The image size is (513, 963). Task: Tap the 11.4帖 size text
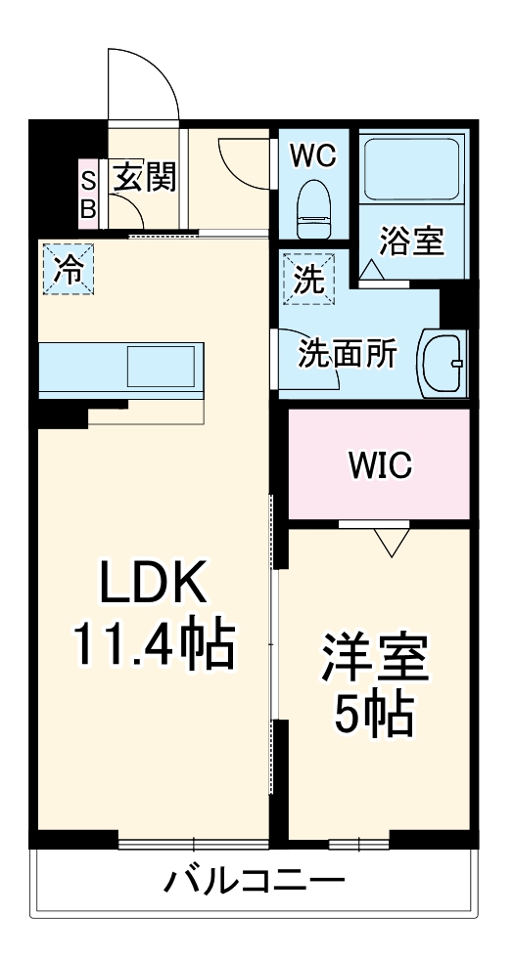(154, 645)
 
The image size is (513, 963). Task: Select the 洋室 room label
(376, 660)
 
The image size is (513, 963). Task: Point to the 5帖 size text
(374, 717)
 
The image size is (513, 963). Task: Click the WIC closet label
(381, 465)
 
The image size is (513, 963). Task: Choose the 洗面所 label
(348, 354)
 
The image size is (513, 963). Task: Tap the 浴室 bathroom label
(412, 241)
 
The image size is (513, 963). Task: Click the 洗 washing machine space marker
(308, 278)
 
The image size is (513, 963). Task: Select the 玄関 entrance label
(145, 178)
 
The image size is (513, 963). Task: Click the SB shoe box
(88, 194)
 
